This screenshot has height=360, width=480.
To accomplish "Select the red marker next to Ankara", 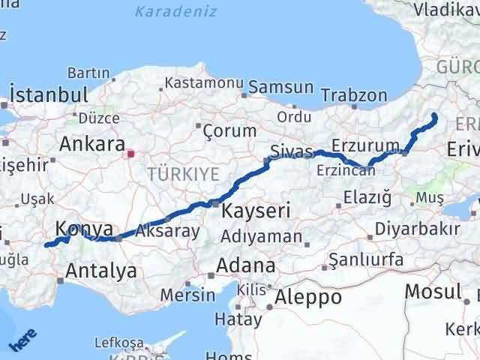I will coord(130,154).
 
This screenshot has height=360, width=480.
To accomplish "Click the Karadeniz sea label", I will coord(175,12).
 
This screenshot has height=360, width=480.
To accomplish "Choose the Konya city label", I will coord(84,229).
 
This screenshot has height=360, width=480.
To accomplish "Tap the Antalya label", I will coord(101,270).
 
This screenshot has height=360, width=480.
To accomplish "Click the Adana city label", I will coord(245,265).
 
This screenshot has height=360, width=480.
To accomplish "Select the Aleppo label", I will coord(307,297).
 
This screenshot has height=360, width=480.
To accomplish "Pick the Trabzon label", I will coord(354,95).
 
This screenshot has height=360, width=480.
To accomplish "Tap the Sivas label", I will coord(291,151).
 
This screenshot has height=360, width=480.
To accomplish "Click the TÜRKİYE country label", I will coord(183,174).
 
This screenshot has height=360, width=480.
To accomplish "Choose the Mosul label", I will coord(433,291).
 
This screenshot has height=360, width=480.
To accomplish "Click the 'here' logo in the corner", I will coord(22,343).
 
